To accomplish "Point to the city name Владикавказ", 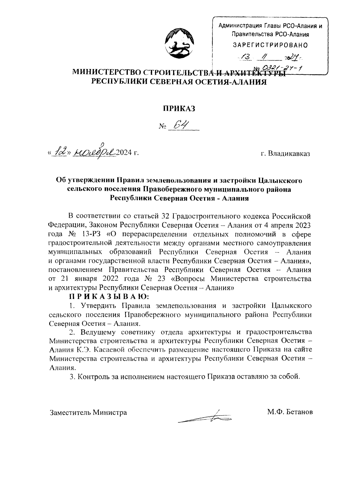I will tap(289, 154).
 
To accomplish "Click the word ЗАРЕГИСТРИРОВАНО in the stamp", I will tap(270, 45).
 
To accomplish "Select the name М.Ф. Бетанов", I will tap(290, 412).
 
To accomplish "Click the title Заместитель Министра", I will tap(88, 412).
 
